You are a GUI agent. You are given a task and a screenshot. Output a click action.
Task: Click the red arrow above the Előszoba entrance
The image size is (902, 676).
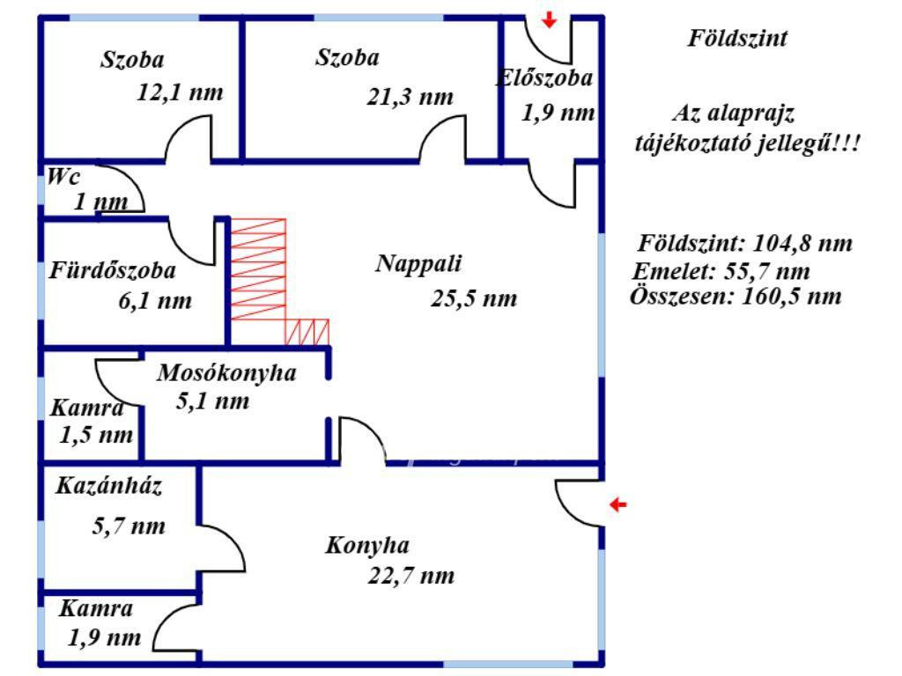pos(550,19)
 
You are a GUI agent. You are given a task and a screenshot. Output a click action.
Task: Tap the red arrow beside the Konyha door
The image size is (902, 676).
pos(617,504)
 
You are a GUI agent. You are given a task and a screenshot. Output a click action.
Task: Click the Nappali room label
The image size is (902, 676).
pos(418,263)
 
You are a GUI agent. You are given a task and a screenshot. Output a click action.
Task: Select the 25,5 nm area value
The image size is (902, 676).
pos(473,298)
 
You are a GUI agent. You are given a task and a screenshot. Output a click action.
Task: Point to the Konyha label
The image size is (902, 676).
pos(367,546)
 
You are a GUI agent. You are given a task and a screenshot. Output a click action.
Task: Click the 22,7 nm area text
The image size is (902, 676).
pos(410,576)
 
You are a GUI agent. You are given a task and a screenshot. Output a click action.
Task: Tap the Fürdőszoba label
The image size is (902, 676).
pos(112,270)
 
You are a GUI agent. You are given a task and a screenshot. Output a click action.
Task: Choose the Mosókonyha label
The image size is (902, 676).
pos(226,372)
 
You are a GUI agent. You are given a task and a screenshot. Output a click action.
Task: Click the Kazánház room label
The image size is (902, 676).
pos(108,486)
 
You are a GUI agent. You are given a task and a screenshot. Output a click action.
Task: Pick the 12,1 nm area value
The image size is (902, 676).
pos(180,92)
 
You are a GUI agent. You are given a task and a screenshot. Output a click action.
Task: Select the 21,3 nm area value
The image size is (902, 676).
pos(410,97)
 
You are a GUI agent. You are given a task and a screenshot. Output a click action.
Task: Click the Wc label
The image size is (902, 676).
pos(63,176)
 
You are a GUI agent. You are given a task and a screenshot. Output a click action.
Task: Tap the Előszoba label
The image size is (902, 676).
pos(544,78)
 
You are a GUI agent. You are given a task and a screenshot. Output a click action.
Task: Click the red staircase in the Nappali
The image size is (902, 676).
pos(271,282)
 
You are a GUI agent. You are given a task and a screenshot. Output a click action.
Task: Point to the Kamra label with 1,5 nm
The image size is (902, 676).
pos(87,408)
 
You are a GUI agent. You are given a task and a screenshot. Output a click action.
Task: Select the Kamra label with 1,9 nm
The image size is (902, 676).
pos(95,608)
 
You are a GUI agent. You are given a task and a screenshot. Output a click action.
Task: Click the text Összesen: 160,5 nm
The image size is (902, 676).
pos(736,297)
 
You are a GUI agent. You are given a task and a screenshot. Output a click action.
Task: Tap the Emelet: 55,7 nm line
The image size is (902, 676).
pos(721,271)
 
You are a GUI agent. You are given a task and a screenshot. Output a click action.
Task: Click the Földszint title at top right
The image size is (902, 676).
pos(737,39)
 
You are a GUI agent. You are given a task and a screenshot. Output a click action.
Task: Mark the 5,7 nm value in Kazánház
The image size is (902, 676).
pos(129,526)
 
